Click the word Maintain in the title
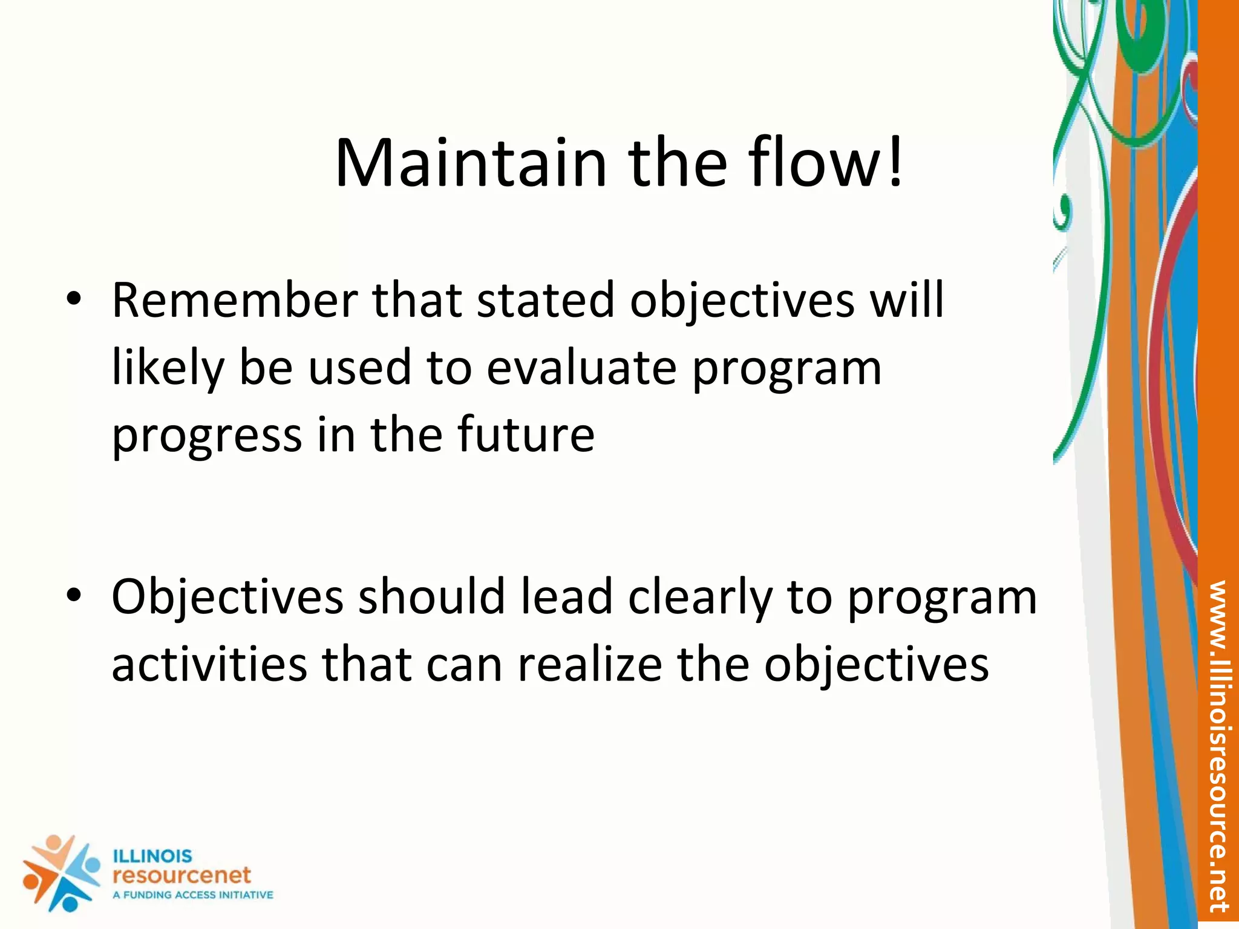coord(470,163)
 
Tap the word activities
coord(209,664)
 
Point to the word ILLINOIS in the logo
coord(152,856)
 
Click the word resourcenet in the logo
coord(181,875)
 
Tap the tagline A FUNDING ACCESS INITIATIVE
coord(192,895)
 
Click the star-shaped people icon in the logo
coord(60,873)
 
